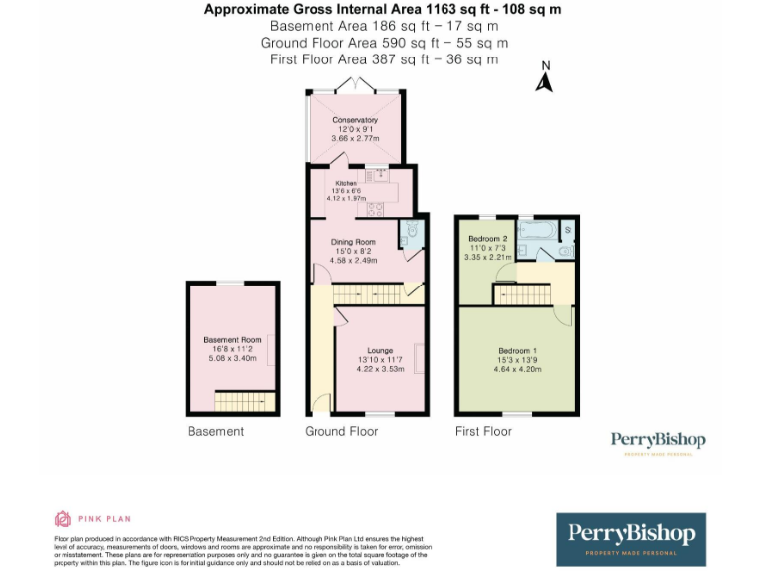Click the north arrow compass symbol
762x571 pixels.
tap(544, 78)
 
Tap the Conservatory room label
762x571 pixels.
tap(355, 120)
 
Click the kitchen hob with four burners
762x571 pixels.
tap(376, 209)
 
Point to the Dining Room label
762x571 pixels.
tap(353, 242)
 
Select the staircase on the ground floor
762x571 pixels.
tap(366, 294)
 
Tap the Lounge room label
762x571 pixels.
tap(380, 350)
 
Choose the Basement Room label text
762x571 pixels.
tap(232, 339)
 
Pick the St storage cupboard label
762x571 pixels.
tap(568, 230)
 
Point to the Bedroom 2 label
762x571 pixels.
tap(487, 239)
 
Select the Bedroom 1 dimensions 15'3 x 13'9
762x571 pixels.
tap(516, 359)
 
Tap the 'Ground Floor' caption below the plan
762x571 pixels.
tap(340, 431)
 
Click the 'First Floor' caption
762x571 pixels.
tap(483, 431)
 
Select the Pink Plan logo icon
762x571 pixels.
tap(63, 518)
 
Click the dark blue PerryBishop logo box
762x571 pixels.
tap(630, 538)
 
